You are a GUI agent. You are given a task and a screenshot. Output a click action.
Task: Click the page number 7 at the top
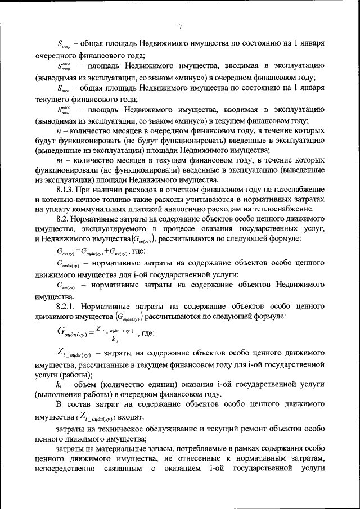click(180, 26)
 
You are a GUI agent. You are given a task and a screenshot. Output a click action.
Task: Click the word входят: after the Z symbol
click(132, 417)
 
